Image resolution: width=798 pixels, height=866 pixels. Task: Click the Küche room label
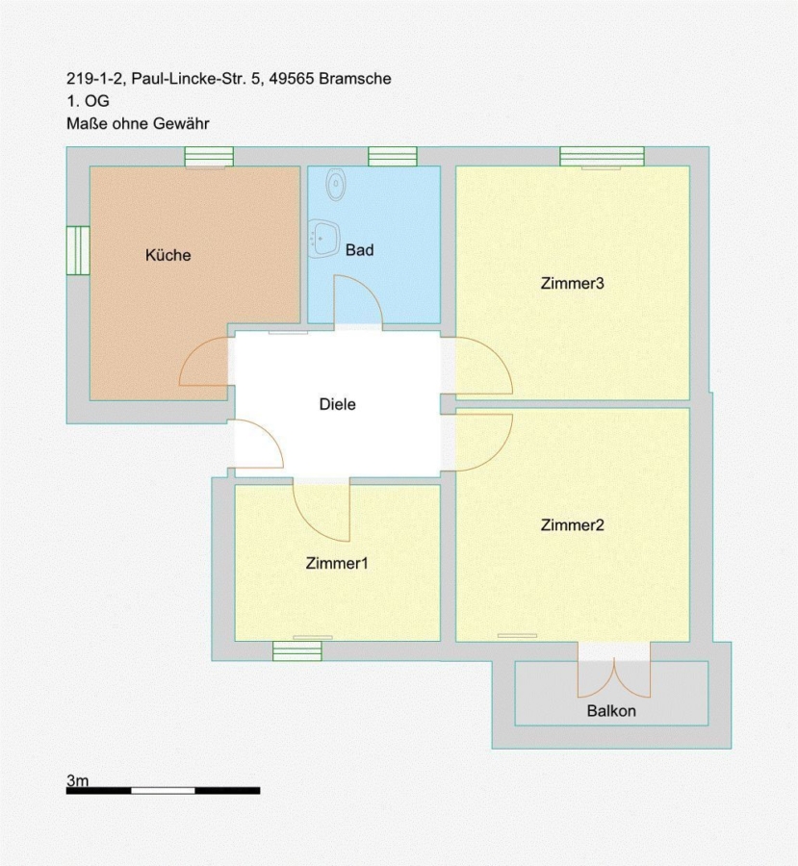[168, 255]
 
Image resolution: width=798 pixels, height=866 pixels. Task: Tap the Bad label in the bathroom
[360, 250]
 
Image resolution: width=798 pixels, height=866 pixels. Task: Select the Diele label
[338, 404]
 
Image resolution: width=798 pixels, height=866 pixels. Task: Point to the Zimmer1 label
[337, 563]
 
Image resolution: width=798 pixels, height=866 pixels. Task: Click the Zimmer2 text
[573, 524]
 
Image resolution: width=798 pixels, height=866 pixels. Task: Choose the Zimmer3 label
[573, 283]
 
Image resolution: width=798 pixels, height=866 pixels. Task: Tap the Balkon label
[611, 711]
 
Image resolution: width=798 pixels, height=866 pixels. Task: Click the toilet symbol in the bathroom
[336, 184]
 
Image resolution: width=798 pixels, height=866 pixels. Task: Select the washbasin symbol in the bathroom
[323, 238]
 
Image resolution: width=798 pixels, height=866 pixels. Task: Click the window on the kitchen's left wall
[78, 250]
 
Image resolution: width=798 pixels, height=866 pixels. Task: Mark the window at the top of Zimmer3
[602, 156]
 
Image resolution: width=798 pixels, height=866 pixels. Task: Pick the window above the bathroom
[393, 156]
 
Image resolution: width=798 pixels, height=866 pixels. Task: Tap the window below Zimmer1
[297, 651]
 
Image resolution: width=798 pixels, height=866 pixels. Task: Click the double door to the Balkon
[614, 678]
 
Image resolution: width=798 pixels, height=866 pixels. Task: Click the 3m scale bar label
[77, 780]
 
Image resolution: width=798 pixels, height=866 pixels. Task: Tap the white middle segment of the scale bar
[163, 791]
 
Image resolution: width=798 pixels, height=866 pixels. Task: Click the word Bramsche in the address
[355, 79]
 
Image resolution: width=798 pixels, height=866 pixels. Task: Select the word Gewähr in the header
[181, 123]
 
